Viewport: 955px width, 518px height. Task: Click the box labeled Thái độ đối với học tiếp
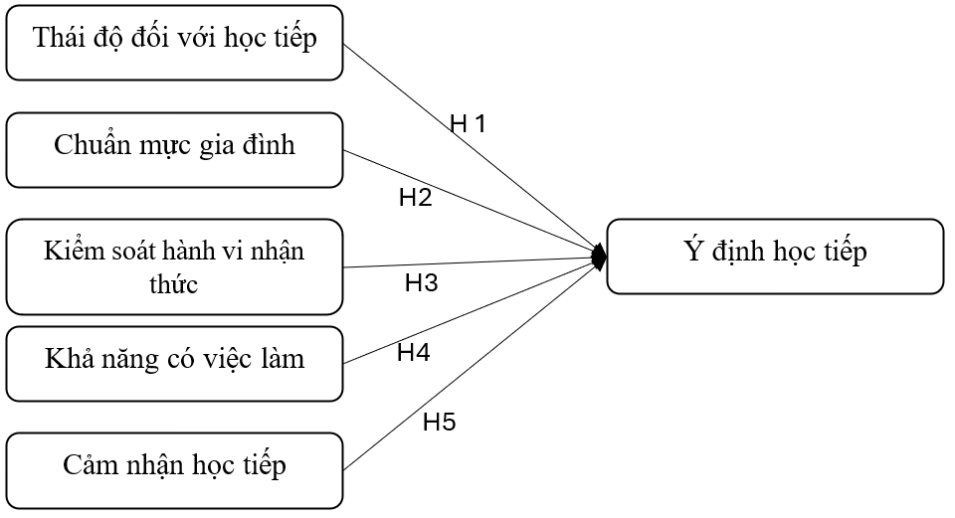point(174,42)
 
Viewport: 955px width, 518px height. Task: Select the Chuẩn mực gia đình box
point(174,149)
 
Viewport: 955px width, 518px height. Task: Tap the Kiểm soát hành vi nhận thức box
point(174,267)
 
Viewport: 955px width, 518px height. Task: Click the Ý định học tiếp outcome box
point(774,256)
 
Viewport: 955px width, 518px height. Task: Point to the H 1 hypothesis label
point(468,124)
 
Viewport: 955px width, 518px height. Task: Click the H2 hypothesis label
point(415,197)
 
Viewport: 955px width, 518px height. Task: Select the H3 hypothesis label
point(421,283)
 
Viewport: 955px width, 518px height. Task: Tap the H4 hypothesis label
point(413,352)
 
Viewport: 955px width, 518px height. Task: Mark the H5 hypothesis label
point(439,422)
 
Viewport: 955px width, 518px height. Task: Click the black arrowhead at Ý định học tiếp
point(600,257)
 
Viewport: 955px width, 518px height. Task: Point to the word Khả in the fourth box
point(66,359)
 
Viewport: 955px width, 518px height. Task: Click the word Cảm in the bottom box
point(88,465)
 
